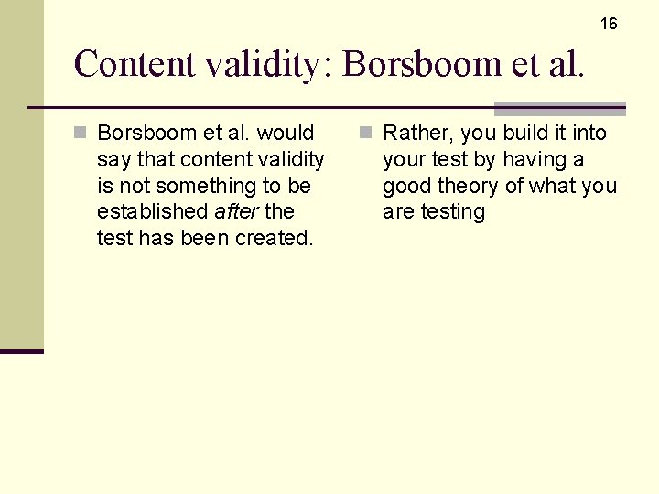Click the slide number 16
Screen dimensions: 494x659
609,24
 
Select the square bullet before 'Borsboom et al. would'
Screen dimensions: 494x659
81,134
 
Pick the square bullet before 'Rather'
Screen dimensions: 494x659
366,134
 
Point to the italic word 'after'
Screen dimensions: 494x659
235,211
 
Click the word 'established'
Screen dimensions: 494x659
153,211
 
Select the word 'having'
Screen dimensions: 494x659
533,159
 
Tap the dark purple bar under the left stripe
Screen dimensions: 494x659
22,351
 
